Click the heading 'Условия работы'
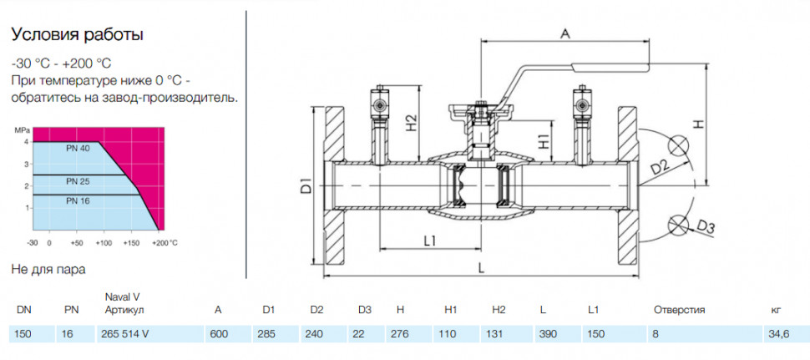click(x=77, y=35)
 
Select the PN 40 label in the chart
click(x=78, y=149)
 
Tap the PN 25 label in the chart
click(x=78, y=181)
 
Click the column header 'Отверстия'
click(x=679, y=310)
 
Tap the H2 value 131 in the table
click(x=495, y=334)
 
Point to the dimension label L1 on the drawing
click(x=430, y=241)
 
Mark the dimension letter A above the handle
click(x=565, y=33)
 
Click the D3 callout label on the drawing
click(x=706, y=226)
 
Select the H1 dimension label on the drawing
click(x=542, y=141)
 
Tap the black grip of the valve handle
click(x=610, y=66)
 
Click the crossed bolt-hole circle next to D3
click(x=676, y=224)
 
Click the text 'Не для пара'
click(x=48, y=270)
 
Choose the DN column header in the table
click(x=23, y=310)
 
